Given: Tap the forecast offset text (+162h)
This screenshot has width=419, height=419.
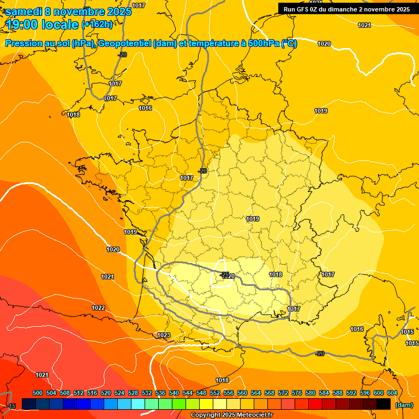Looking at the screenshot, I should [97, 24].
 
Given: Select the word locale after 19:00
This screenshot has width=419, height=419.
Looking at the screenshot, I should [60, 24].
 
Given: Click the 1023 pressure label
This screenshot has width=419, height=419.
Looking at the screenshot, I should [163, 335].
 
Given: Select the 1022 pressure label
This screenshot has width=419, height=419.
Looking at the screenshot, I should [98, 308].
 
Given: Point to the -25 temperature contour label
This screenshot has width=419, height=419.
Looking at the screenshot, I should [225, 274].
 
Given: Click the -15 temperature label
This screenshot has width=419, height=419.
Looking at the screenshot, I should [11, 406].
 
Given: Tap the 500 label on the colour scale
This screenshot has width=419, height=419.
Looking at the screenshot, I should [38, 393].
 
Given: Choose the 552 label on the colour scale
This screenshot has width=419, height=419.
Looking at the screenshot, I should [215, 393].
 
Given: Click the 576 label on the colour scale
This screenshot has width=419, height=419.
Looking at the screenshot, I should [297, 393].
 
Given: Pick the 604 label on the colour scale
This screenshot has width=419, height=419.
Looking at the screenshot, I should [392, 393].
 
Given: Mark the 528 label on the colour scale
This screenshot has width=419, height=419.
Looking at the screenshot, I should [133, 393].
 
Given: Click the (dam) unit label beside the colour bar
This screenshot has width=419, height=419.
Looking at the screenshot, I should [404, 405].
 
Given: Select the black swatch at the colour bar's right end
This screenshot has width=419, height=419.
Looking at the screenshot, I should [384, 404].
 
